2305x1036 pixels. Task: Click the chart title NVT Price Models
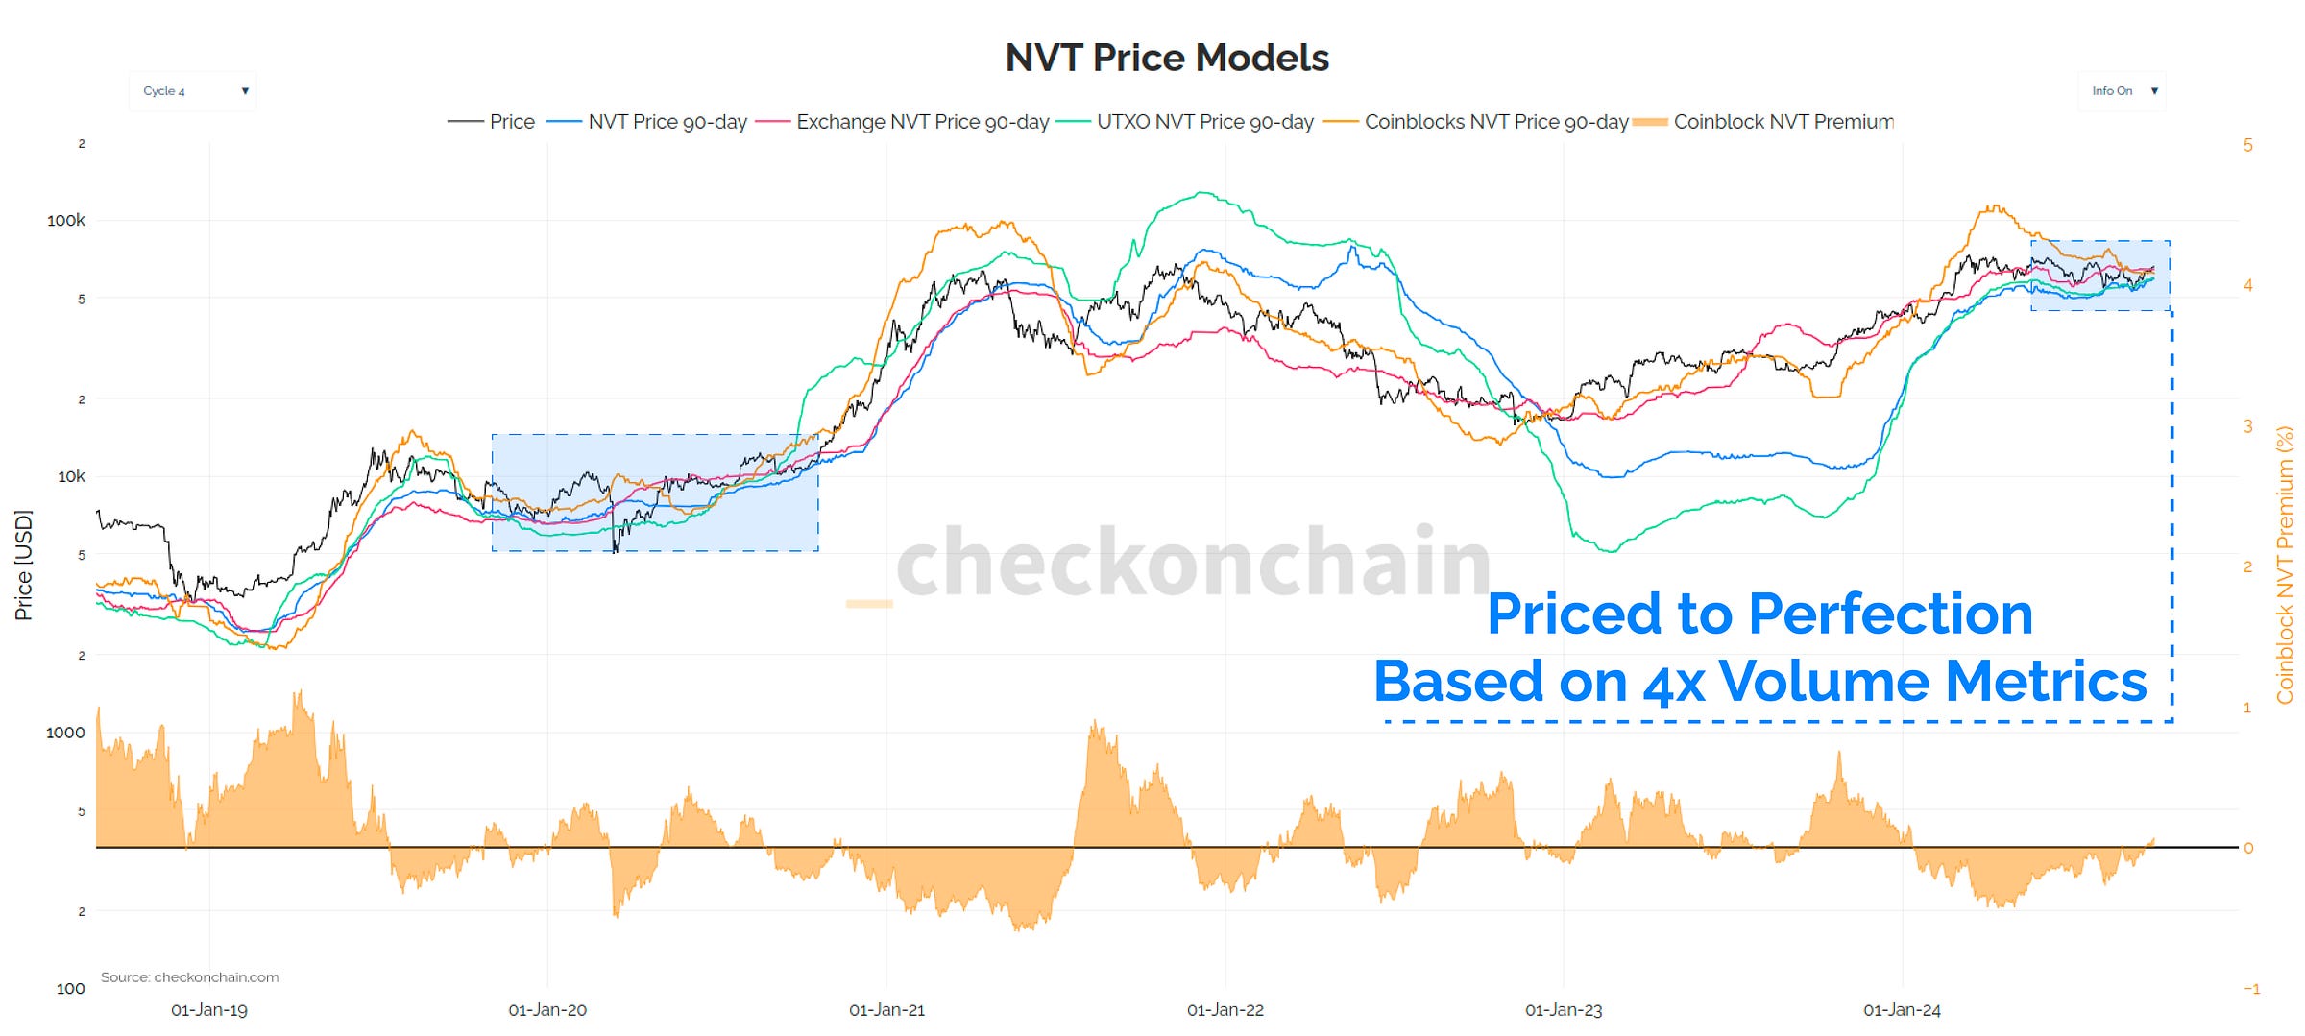[x=1166, y=58]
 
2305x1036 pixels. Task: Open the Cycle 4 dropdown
[x=192, y=91]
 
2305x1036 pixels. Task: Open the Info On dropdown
[x=2121, y=91]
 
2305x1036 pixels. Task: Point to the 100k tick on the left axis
[x=65, y=220]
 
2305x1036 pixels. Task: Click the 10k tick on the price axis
[x=71, y=476]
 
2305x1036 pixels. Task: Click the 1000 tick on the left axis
[x=65, y=733]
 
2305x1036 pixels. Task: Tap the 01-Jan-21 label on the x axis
[x=886, y=1010]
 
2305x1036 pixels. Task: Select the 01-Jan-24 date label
[x=1902, y=1010]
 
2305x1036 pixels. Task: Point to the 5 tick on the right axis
[x=2247, y=145]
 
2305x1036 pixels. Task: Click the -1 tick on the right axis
[x=2250, y=989]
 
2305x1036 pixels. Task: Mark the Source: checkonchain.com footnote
[x=189, y=977]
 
